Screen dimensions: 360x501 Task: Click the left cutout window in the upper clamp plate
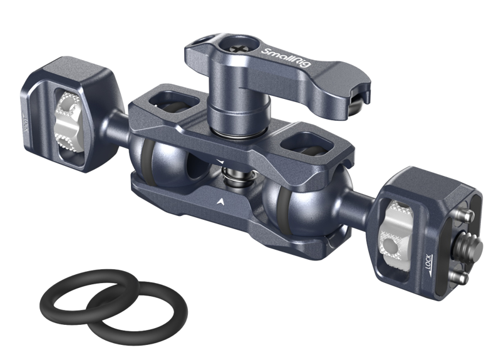click(x=164, y=100)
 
